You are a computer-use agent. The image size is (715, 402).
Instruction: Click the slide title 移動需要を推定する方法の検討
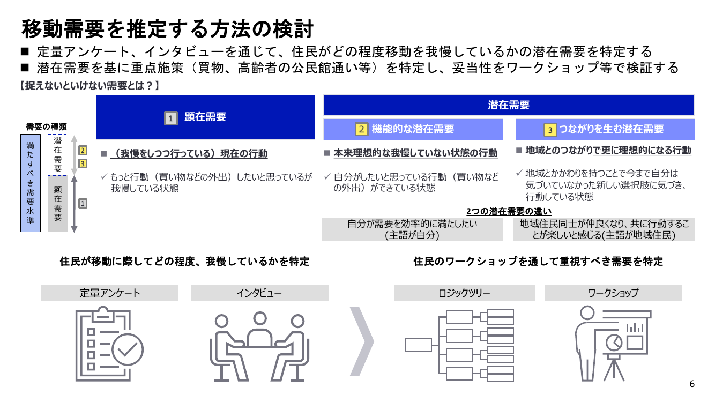[x=168, y=29]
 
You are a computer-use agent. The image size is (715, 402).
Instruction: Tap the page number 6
[x=692, y=384]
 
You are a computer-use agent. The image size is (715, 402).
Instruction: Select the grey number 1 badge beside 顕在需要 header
[x=171, y=118]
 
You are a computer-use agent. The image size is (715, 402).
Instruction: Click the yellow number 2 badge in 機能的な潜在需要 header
[x=361, y=129]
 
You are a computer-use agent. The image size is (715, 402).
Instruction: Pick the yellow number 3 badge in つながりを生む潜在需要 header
[x=550, y=130]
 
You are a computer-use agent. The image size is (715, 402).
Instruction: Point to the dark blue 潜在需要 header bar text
[x=509, y=105]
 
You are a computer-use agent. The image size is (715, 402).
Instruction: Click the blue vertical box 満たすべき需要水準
[x=31, y=183]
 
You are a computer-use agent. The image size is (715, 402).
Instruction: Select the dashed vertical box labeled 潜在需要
[x=58, y=155]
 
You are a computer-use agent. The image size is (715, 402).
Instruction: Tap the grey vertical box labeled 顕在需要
[x=58, y=204]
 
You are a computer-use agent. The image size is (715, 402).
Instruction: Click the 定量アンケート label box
[x=109, y=293]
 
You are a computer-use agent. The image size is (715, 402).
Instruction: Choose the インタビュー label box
[x=259, y=293]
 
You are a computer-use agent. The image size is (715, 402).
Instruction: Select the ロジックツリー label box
[x=465, y=293]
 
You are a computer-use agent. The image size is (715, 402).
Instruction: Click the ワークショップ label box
[x=613, y=293]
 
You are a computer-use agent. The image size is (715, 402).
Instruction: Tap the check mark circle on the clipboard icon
[x=128, y=349]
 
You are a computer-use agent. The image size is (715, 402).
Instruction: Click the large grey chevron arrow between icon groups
[x=362, y=341]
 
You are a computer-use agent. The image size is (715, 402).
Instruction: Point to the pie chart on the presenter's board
[x=614, y=343]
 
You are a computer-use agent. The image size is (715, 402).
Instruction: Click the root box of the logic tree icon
[x=418, y=345]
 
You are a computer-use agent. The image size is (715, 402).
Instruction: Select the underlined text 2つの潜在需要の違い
[x=509, y=211]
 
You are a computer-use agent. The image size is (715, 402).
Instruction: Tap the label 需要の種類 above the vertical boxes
[x=46, y=126]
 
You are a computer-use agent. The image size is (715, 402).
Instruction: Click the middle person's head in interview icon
[x=260, y=318]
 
